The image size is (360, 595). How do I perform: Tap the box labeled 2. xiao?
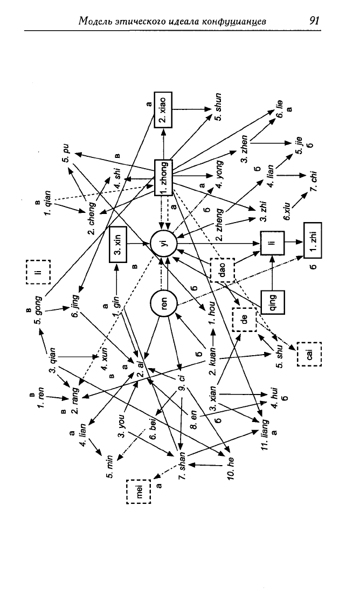pyautogui.click(x=163, y=109)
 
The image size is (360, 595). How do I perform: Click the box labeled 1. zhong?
pyautogui.click(x=164, y=178)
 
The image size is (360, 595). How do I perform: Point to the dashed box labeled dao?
pyautogui.click(x=222, y=269)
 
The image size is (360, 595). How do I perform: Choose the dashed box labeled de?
pyautogui.click(x=245, y=320)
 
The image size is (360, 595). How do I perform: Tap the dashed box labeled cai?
pyautogui.click(x=309, y=354)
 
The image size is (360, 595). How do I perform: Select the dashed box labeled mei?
pyautogui.click(x=139, y=492)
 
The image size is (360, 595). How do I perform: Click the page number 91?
pyautogui.click(x=314, y=20)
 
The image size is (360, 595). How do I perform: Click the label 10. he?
pyautogui.click(x=231, y=467)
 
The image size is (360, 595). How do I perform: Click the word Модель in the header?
pyautogui.click(x=95, y=21)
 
